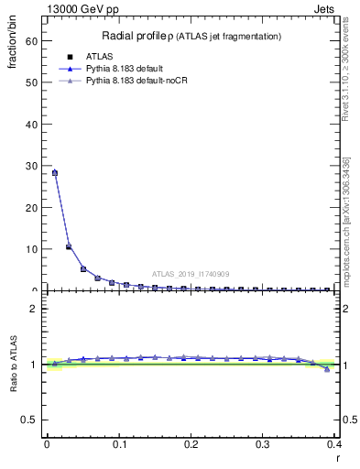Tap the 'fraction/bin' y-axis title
click(14, 47)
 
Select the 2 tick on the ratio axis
click(35, 309)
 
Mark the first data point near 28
click(54, 172)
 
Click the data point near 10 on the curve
click(69, 246)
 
